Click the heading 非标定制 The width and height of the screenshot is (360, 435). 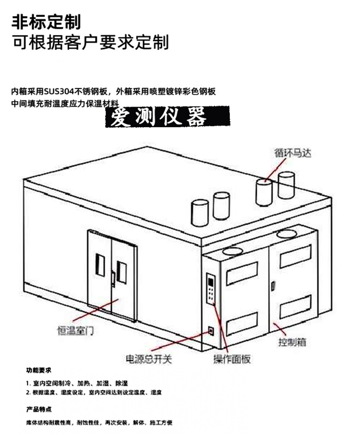point(46,21)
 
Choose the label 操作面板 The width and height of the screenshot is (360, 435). point(232,359)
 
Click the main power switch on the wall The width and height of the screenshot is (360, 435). point(210,330)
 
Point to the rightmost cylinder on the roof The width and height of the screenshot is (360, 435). point(287,185)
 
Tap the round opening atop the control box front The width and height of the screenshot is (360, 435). point(231,251)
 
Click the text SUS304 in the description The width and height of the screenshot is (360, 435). point(63,92)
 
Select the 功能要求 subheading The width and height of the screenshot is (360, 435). point(39,371)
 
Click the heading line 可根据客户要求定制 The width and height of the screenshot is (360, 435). point(90,42)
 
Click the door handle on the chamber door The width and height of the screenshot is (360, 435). point(113,278)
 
